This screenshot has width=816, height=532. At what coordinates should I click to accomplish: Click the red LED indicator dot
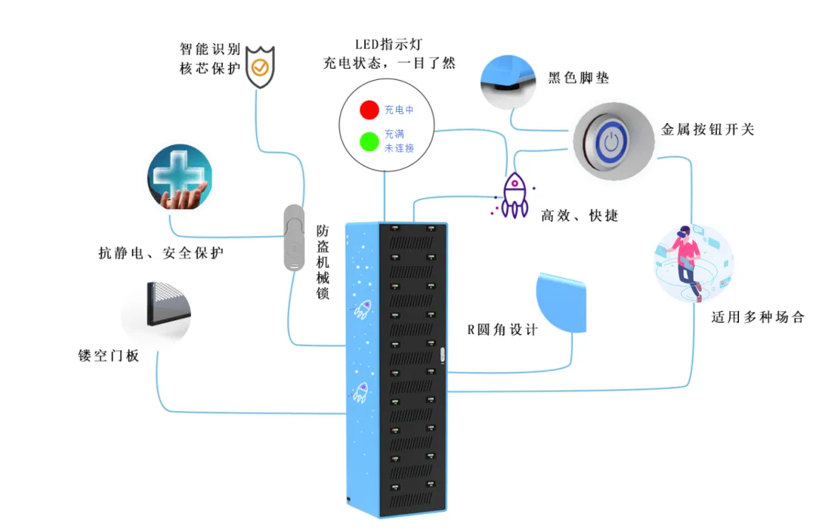369,110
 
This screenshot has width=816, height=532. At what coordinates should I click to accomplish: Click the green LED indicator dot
369,141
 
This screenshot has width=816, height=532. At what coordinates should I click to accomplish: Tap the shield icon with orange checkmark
259,67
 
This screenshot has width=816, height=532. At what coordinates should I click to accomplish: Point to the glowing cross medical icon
179,177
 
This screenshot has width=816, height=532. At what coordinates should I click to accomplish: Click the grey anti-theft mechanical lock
293,237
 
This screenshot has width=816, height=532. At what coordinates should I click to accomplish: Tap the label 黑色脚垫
578,78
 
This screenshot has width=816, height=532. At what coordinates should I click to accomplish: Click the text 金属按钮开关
707,129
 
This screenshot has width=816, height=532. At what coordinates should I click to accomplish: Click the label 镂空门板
109,355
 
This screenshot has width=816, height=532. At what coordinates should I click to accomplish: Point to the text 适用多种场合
757,317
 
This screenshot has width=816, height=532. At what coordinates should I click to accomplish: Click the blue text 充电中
399,110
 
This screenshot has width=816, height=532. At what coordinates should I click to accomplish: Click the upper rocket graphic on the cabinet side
362,308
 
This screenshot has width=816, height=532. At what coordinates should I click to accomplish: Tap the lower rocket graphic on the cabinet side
360,391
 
